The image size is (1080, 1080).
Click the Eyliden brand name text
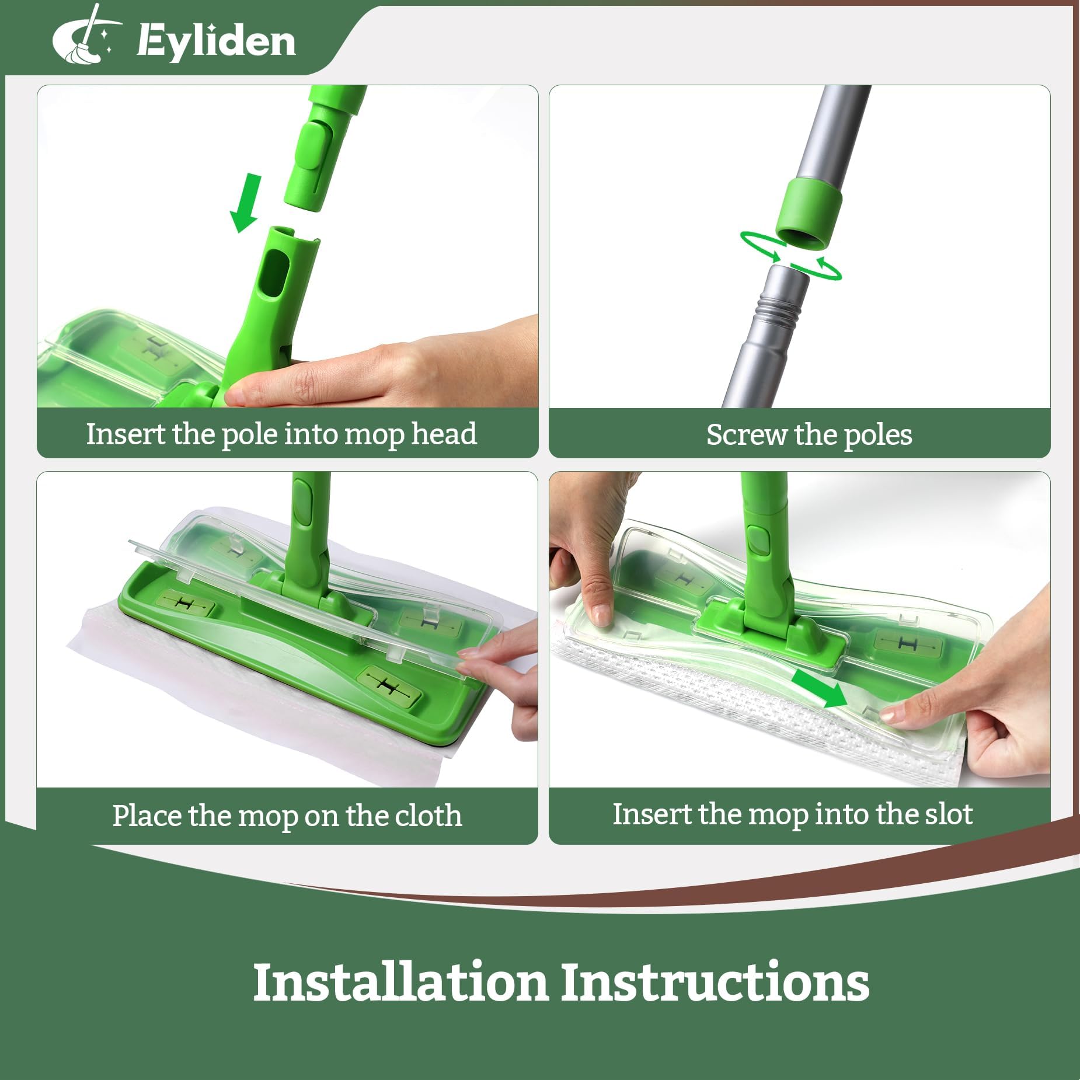[216, 42]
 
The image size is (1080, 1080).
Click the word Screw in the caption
[745, 435]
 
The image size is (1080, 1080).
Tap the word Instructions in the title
[715, 982]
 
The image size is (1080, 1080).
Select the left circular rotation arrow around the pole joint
[759, 245]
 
